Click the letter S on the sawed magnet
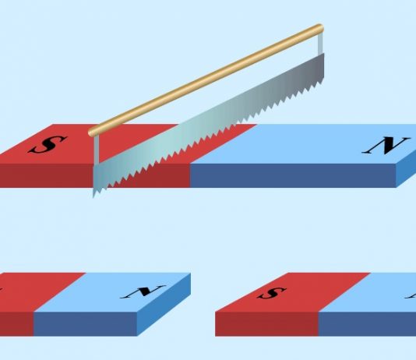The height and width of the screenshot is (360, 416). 48,145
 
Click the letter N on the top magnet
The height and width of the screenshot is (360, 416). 385,146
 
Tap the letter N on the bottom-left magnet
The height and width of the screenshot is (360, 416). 143,291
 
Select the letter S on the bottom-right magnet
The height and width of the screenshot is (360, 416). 272,293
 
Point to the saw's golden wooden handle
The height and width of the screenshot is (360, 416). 206,80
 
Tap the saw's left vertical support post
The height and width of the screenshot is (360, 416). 97,150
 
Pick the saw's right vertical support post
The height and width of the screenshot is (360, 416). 320,44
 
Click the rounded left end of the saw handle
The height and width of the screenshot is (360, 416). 91,132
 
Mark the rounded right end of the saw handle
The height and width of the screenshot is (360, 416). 320,28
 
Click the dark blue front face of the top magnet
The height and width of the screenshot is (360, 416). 293,175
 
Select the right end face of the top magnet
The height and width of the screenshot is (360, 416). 406,169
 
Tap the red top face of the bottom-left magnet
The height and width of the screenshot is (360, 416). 40,292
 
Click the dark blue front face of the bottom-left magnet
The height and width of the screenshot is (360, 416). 85,324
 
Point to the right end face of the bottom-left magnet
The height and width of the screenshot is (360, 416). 164,305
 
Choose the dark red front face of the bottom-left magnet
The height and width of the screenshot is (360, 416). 16,324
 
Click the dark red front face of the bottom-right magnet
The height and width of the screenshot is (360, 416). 266,324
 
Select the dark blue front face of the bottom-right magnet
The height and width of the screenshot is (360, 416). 367,324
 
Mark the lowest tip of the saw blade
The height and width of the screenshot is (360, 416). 93,197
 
